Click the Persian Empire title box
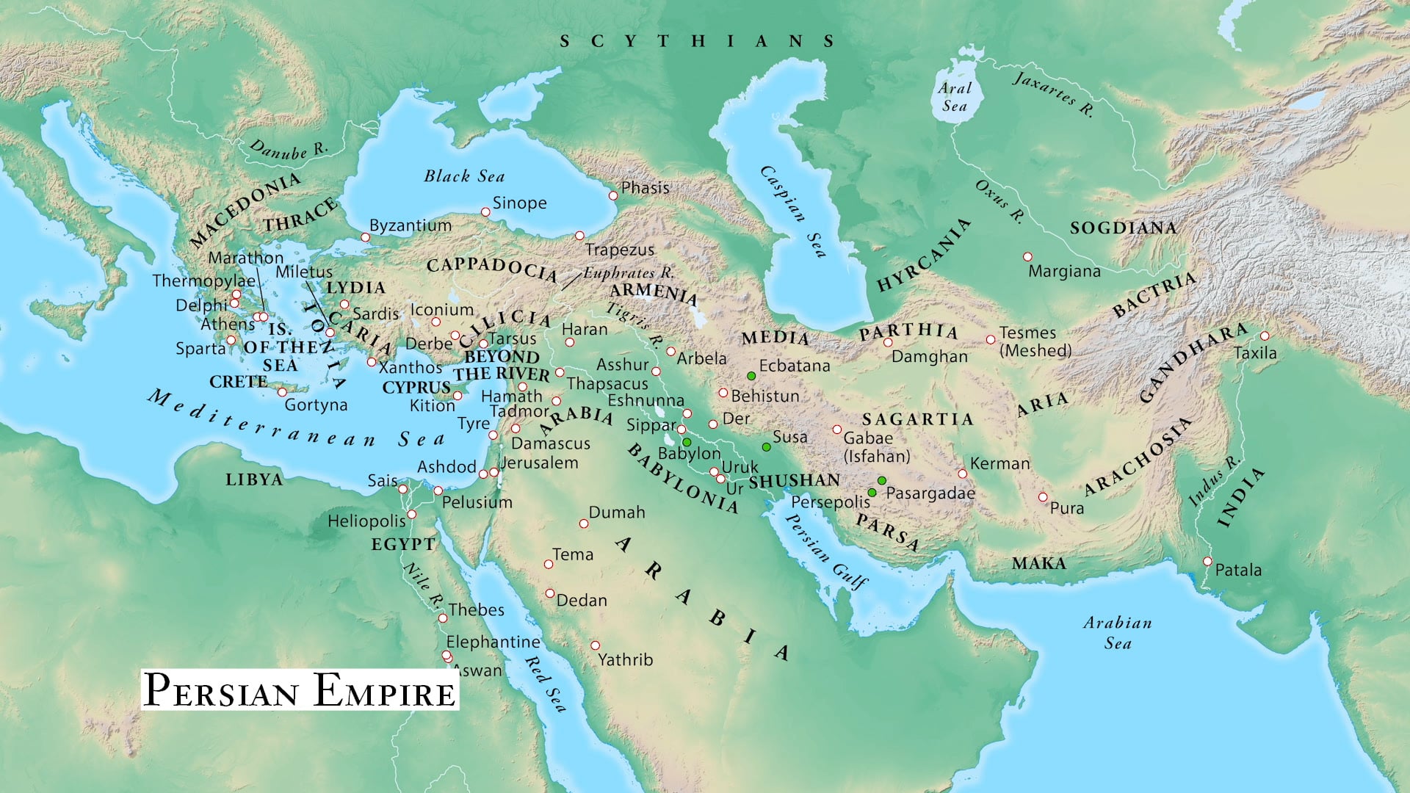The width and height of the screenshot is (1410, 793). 300,690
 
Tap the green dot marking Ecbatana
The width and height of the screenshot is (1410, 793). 751,376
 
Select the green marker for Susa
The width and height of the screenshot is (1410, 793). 766,447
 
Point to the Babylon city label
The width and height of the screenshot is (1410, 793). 689,454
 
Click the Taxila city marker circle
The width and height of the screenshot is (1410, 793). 1265,336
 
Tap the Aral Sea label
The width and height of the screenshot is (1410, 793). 955,97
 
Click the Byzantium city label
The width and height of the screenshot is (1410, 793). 410,225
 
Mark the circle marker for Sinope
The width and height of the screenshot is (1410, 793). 485,212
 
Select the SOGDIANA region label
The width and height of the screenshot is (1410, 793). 1123,228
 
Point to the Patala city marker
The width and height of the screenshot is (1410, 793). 1207,562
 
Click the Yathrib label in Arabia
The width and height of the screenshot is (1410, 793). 625,659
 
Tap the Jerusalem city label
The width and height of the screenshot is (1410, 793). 540,463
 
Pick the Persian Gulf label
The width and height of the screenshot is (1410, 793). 826,551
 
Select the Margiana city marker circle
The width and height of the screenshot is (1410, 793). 1027,257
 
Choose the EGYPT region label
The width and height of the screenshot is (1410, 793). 403,544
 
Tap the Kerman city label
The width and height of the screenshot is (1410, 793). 999,463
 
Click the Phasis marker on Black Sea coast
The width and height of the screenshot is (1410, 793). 613,195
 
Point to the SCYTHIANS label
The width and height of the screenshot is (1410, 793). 698,41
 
